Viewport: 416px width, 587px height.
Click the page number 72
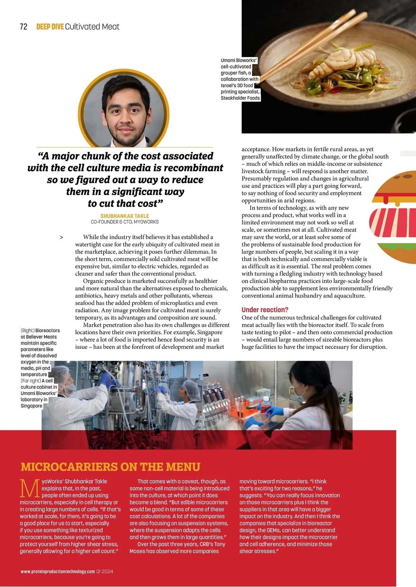tap(24, 27)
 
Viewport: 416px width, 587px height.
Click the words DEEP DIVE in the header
tap(50, 27)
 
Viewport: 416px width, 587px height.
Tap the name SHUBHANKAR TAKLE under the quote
tap(124, 216)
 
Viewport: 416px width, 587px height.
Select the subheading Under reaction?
tap(265, 310)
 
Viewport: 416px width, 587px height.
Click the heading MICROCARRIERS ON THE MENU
tap(110, 467)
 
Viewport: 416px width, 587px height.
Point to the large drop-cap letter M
tap(30, 488)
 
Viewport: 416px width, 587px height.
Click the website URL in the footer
tap(58, 571)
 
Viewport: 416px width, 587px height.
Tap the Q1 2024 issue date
tap(105, 571)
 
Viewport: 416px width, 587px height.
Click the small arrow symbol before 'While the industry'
tap(61, 237)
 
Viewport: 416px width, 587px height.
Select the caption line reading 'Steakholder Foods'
tap(240, 98)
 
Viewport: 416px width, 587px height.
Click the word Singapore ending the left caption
tap(31, 406)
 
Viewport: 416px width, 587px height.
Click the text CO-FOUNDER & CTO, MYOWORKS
tap(125, 222)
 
